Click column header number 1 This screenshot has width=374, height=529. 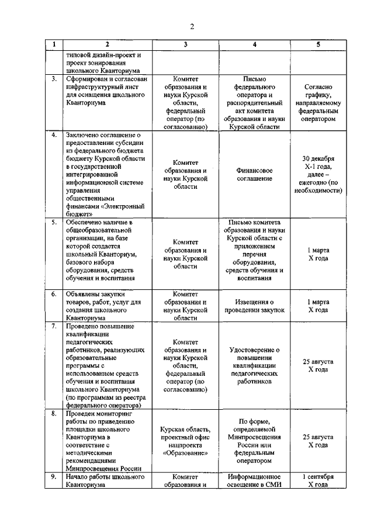tap(54, 44)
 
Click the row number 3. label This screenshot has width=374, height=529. tap(54, 78)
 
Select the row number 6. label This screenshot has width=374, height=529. tap(54, 294)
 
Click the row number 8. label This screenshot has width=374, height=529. tap(54, 413)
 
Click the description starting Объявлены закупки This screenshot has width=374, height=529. tap(99, 306)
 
